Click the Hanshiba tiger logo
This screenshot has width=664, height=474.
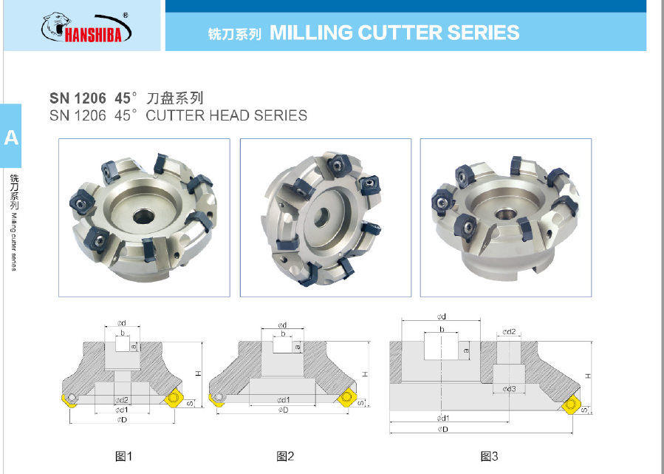(x=85, y=27)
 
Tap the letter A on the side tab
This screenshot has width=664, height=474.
(x=11, y=138)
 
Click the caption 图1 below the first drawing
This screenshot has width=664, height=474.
(x=124, y=456)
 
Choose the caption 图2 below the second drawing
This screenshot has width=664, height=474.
(x=285, y=456)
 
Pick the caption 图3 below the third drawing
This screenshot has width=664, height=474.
(x=489, y=456)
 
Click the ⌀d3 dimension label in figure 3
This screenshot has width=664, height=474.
(x=509, y=389)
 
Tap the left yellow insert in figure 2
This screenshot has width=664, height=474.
(x=219, y=399)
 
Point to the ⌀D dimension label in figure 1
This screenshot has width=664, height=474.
(x=121, y=420)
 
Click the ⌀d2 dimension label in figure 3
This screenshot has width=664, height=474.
(x=509, y=332)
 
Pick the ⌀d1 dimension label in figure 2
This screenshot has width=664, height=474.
(x=283, y=400)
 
